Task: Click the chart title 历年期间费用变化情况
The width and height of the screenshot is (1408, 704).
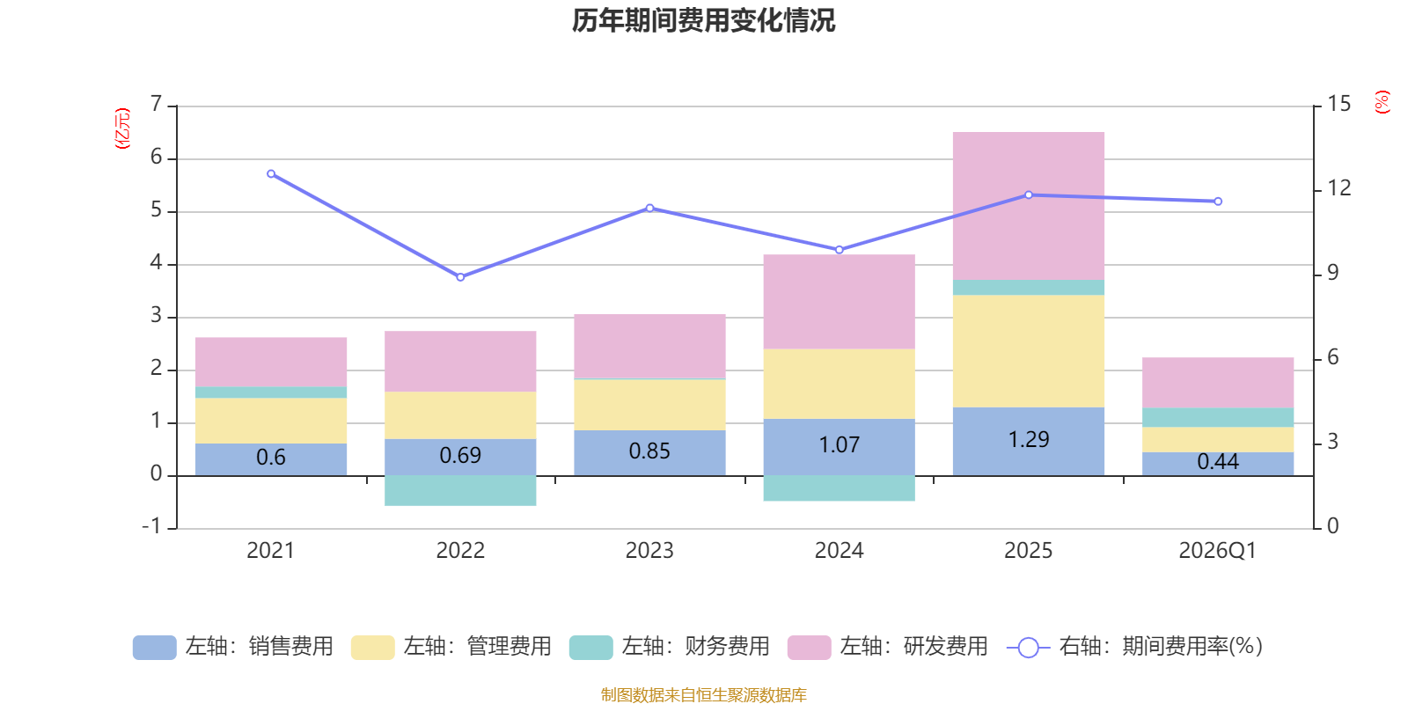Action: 703,21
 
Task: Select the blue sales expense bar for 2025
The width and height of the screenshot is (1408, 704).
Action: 1029,441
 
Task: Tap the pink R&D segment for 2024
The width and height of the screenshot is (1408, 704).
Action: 840,302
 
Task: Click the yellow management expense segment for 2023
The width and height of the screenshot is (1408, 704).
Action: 650,405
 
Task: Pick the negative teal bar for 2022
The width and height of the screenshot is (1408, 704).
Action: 460,491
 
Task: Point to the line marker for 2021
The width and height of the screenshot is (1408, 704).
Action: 271,174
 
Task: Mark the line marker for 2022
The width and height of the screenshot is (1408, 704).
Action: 460,277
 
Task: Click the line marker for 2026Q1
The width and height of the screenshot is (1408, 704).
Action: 1218,202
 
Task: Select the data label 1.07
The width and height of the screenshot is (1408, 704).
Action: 840,445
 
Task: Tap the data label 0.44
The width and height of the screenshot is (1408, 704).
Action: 1218,462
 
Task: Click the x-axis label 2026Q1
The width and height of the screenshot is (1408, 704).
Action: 1218,551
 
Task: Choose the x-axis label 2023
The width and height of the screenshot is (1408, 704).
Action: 649,551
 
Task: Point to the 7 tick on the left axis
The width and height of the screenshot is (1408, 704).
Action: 156,104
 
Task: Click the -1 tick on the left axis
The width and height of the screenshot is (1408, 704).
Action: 151,526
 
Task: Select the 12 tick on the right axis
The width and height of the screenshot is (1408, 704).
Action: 1338,188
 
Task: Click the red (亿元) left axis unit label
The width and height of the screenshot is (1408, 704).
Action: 122,128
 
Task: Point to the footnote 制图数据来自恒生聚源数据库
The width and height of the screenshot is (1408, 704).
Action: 703,694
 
